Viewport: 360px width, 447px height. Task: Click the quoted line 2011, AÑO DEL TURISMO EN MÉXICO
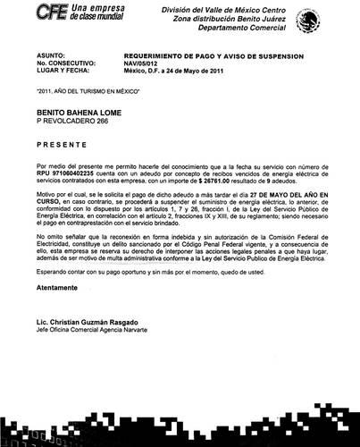click(89, 91)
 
